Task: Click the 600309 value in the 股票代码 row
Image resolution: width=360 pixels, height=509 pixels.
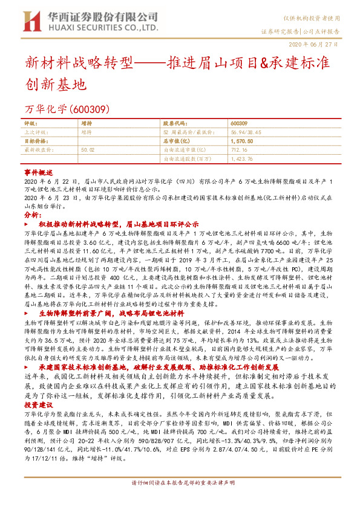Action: (x=240, y=123)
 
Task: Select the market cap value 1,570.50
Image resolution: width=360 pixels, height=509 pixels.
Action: (x=242, y=140)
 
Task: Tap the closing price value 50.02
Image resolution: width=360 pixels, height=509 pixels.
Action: (x=88, y=148)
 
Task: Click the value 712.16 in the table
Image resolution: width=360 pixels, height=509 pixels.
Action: (x=239, y=148)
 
